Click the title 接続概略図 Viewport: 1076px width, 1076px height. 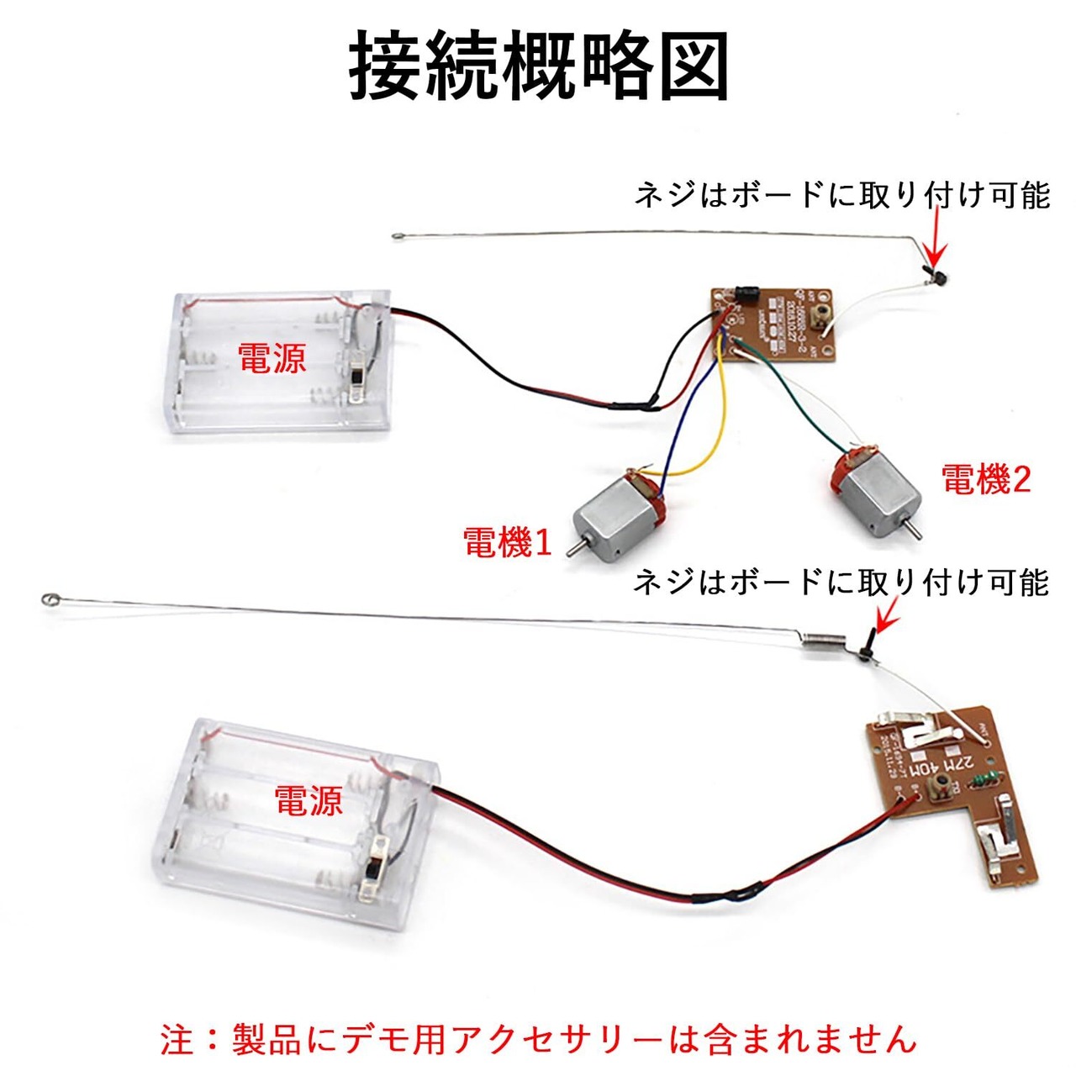(x=538, y=66)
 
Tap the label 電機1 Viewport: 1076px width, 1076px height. (x=507, y=542)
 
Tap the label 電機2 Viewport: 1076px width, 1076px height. (x=985, y=480)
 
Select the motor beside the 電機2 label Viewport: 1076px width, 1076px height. (x=874, y=493)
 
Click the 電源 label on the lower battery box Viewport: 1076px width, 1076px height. (x=309, y=800)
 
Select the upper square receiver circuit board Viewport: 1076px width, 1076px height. (x=773, y=324)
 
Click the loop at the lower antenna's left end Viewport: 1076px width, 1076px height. (x=49, y=600)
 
